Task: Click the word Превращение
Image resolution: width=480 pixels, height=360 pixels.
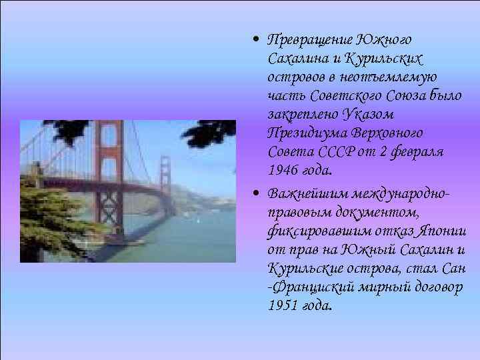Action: coord(309,40)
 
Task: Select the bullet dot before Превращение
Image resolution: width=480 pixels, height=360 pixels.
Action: coord(257,39)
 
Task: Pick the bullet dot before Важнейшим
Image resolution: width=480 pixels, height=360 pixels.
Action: coord(257,195)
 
